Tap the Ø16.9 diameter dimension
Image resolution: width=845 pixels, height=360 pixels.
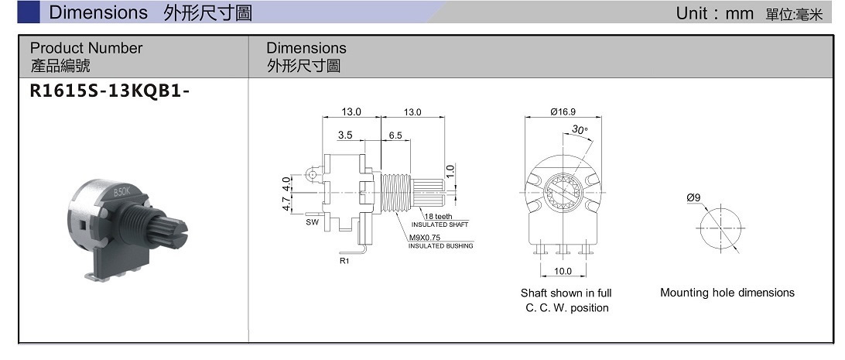[x=563, y=112]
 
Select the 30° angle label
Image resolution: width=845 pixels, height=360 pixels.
[x=580, y=130]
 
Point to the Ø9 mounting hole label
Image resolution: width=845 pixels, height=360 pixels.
[x=693, y=198]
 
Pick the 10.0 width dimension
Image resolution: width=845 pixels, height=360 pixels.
[x=563, y=271]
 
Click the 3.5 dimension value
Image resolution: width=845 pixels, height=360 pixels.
[x=345, y=135]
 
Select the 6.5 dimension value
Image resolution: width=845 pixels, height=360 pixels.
[x=395, y=135]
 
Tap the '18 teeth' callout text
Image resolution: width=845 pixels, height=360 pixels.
[x=438, y=216]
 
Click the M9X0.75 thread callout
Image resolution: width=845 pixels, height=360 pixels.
[x=424, y=238]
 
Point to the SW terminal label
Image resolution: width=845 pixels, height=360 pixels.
[x=312, y=222]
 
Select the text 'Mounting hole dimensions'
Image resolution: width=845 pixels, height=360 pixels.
[x=727, y=293]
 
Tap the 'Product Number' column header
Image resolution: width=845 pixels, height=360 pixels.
[x=86, y=48]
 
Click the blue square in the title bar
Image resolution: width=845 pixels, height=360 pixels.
[x=29, y=12]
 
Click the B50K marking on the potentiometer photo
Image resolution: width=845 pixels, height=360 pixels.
[x=122, y=191]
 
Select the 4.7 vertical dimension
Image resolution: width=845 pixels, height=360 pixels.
[x=286, y=204]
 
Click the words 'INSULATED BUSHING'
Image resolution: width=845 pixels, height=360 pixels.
[x=440, y=246]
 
